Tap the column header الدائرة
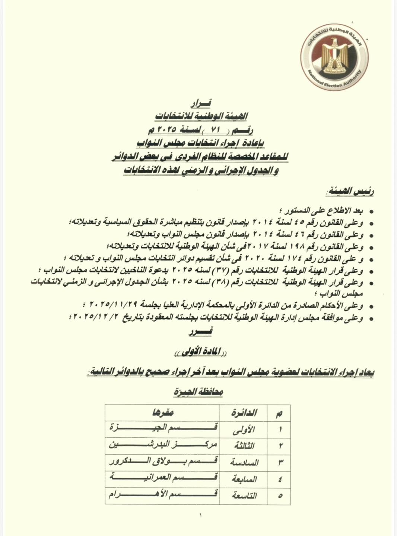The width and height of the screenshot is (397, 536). (244, 413)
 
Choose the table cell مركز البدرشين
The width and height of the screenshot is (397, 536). (163, 444)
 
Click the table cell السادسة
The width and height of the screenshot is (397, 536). (244, 462)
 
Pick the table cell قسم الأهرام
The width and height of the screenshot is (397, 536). (163, 495)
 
